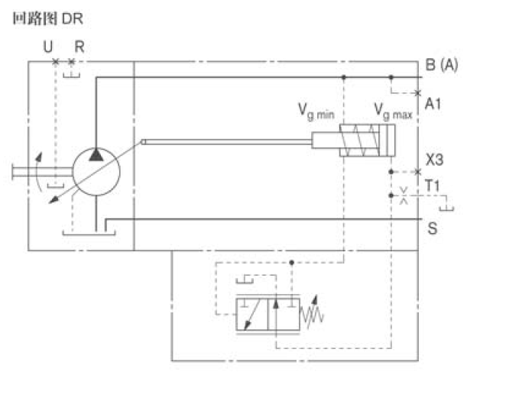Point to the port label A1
[x=433, y=102]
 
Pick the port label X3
[x=434, y=161]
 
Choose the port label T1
[x=433, y=186]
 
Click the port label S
[x=432, y=228]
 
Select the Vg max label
[x=392, y=112]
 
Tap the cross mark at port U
[x=55, y=61]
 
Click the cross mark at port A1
[x=417, y=93]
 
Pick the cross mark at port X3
[x=417, y=172]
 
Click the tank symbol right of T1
[x=450, y=207]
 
